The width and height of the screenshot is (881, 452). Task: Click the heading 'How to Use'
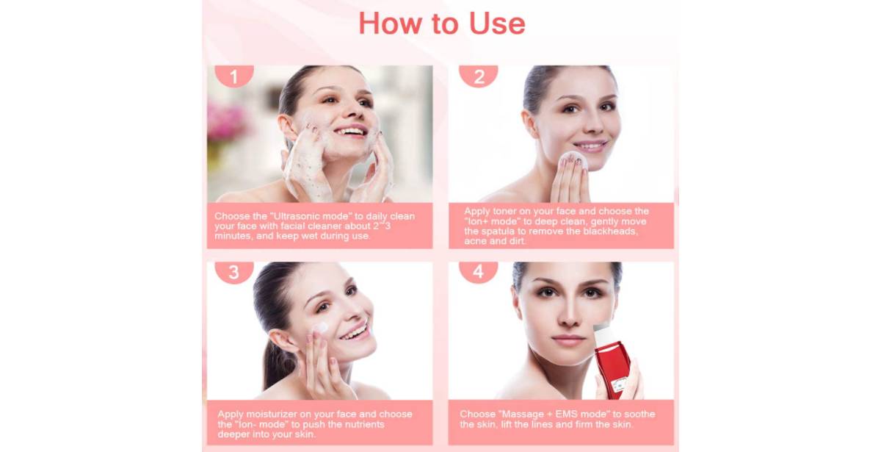(442, 24)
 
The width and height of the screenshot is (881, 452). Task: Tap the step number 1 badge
(234, 76)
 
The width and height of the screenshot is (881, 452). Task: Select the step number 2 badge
(479, 76)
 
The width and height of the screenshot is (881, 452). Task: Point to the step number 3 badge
(234, 272)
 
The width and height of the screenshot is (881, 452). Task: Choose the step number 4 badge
(478, 272)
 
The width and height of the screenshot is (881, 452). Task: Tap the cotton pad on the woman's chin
(573, 161)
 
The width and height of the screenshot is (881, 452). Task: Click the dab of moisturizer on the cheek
(322, 328)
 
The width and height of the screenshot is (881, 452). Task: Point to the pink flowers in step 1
(228, 120)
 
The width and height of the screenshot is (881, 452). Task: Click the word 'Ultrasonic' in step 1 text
(299, 216)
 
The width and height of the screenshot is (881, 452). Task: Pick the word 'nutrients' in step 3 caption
(365, 425)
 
